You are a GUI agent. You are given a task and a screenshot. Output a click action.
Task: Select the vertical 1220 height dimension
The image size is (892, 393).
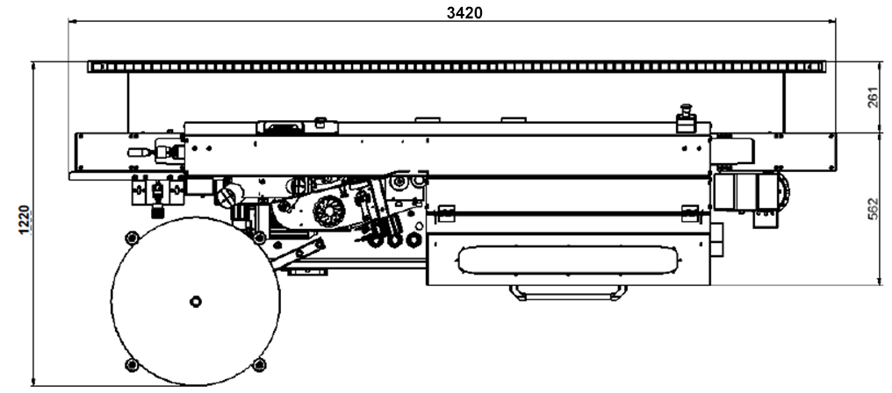(25, 219)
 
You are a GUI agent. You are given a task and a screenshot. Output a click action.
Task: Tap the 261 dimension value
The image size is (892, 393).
(872, 96)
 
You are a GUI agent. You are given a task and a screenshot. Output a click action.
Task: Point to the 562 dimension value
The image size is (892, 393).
(872, 209)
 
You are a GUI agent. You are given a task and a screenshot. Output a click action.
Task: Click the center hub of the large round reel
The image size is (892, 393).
(194, 301)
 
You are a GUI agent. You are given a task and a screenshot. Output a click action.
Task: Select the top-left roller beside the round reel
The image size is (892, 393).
(132, 237)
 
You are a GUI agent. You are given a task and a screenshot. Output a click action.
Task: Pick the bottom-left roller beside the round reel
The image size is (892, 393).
(132, 364)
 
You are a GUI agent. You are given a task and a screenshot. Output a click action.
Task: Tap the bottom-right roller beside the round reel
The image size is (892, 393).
(258, 364)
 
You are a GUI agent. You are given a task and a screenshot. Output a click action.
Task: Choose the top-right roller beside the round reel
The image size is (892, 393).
(258, 238)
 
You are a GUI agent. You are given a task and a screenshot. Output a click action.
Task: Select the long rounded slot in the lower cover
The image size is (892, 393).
(566, 261)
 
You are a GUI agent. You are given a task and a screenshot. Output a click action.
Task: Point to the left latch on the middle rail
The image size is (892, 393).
(445, 211)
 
